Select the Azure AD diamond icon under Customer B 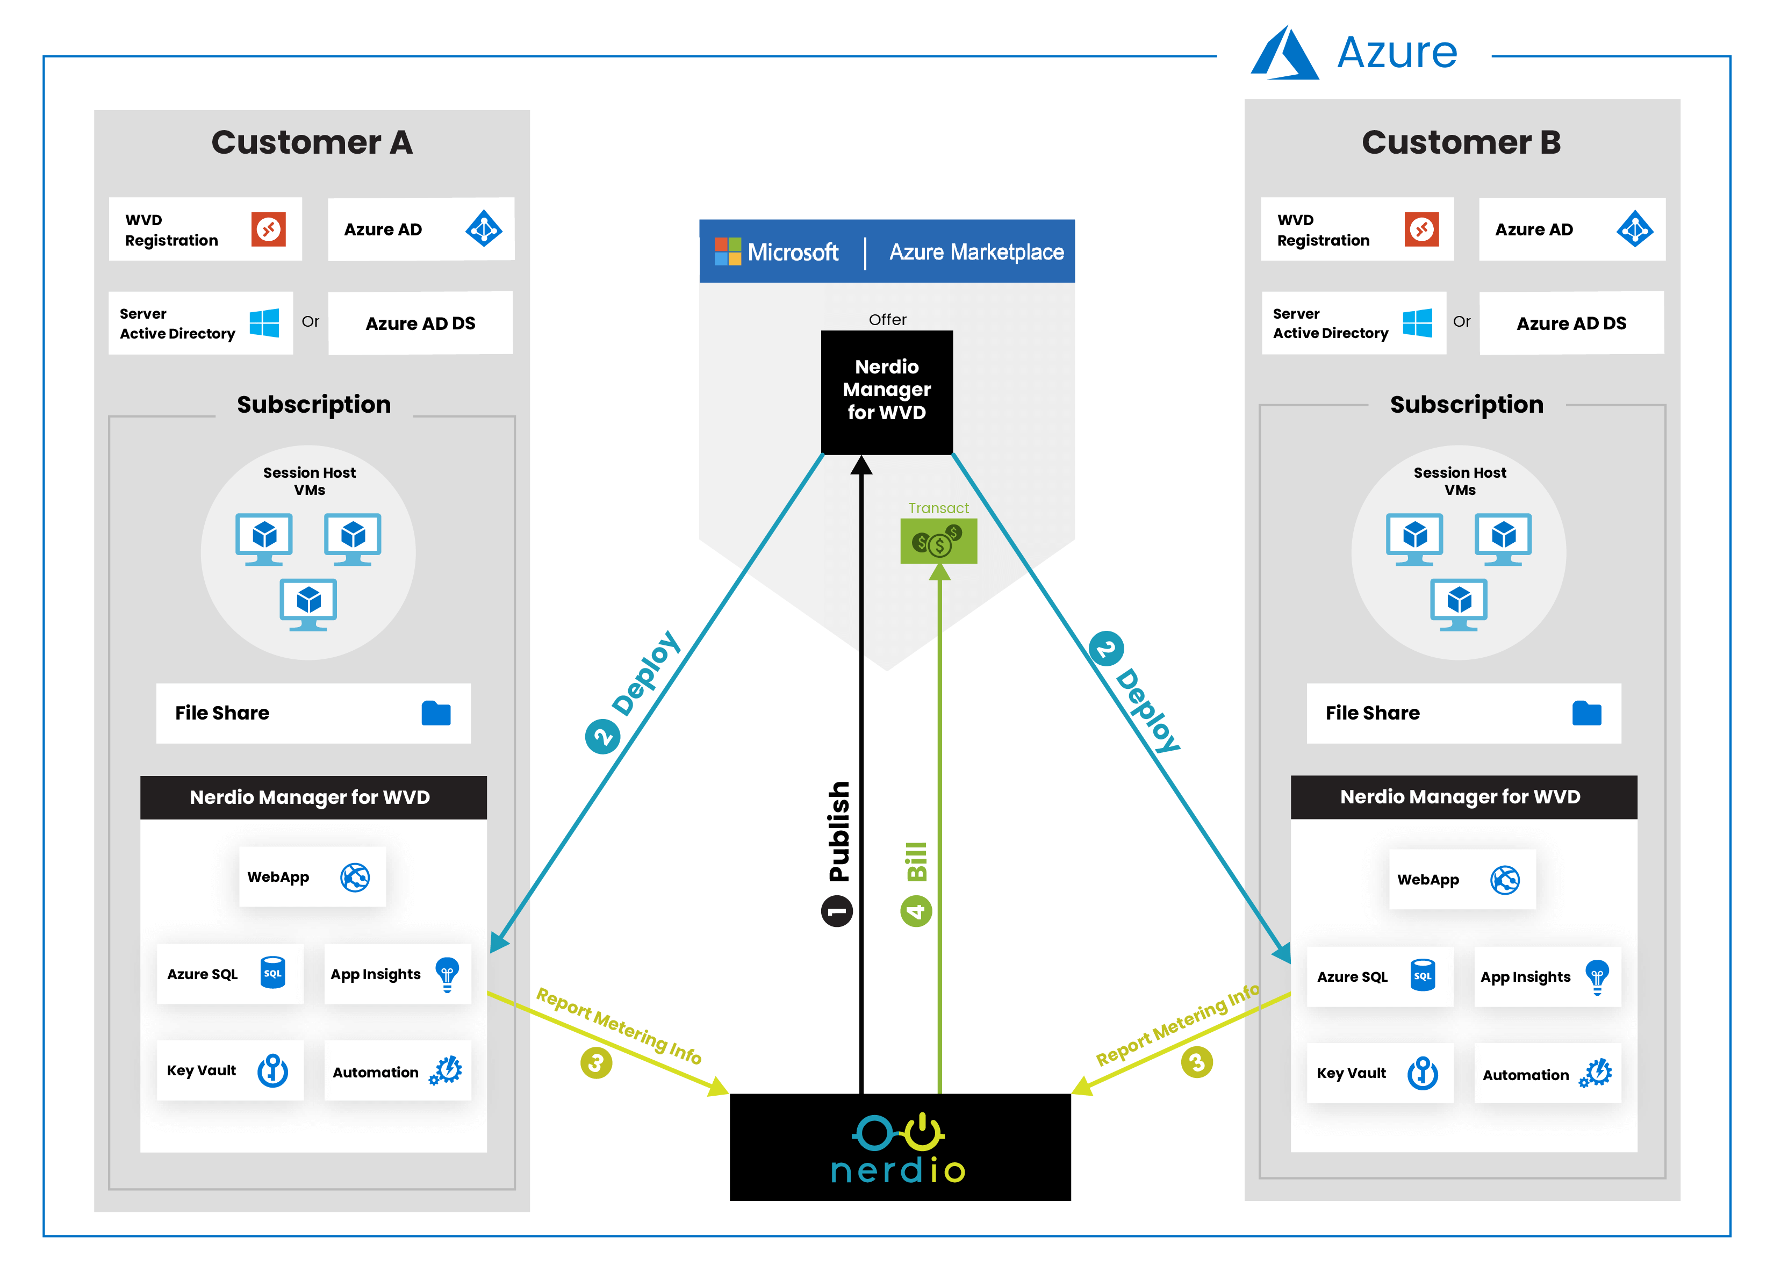pos(1635,229)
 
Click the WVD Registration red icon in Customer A pos(268,229)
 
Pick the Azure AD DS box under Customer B pos(1571,323)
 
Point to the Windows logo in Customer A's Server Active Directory pos(264,323)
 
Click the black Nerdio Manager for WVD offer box pos(886,391)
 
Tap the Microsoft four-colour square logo pos(728,252)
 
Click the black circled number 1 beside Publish pos(836,911)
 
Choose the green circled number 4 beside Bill pos(916,911)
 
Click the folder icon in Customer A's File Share pos(436,713)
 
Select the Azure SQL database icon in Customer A pos(272,973)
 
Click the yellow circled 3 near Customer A pos(596,1062)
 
